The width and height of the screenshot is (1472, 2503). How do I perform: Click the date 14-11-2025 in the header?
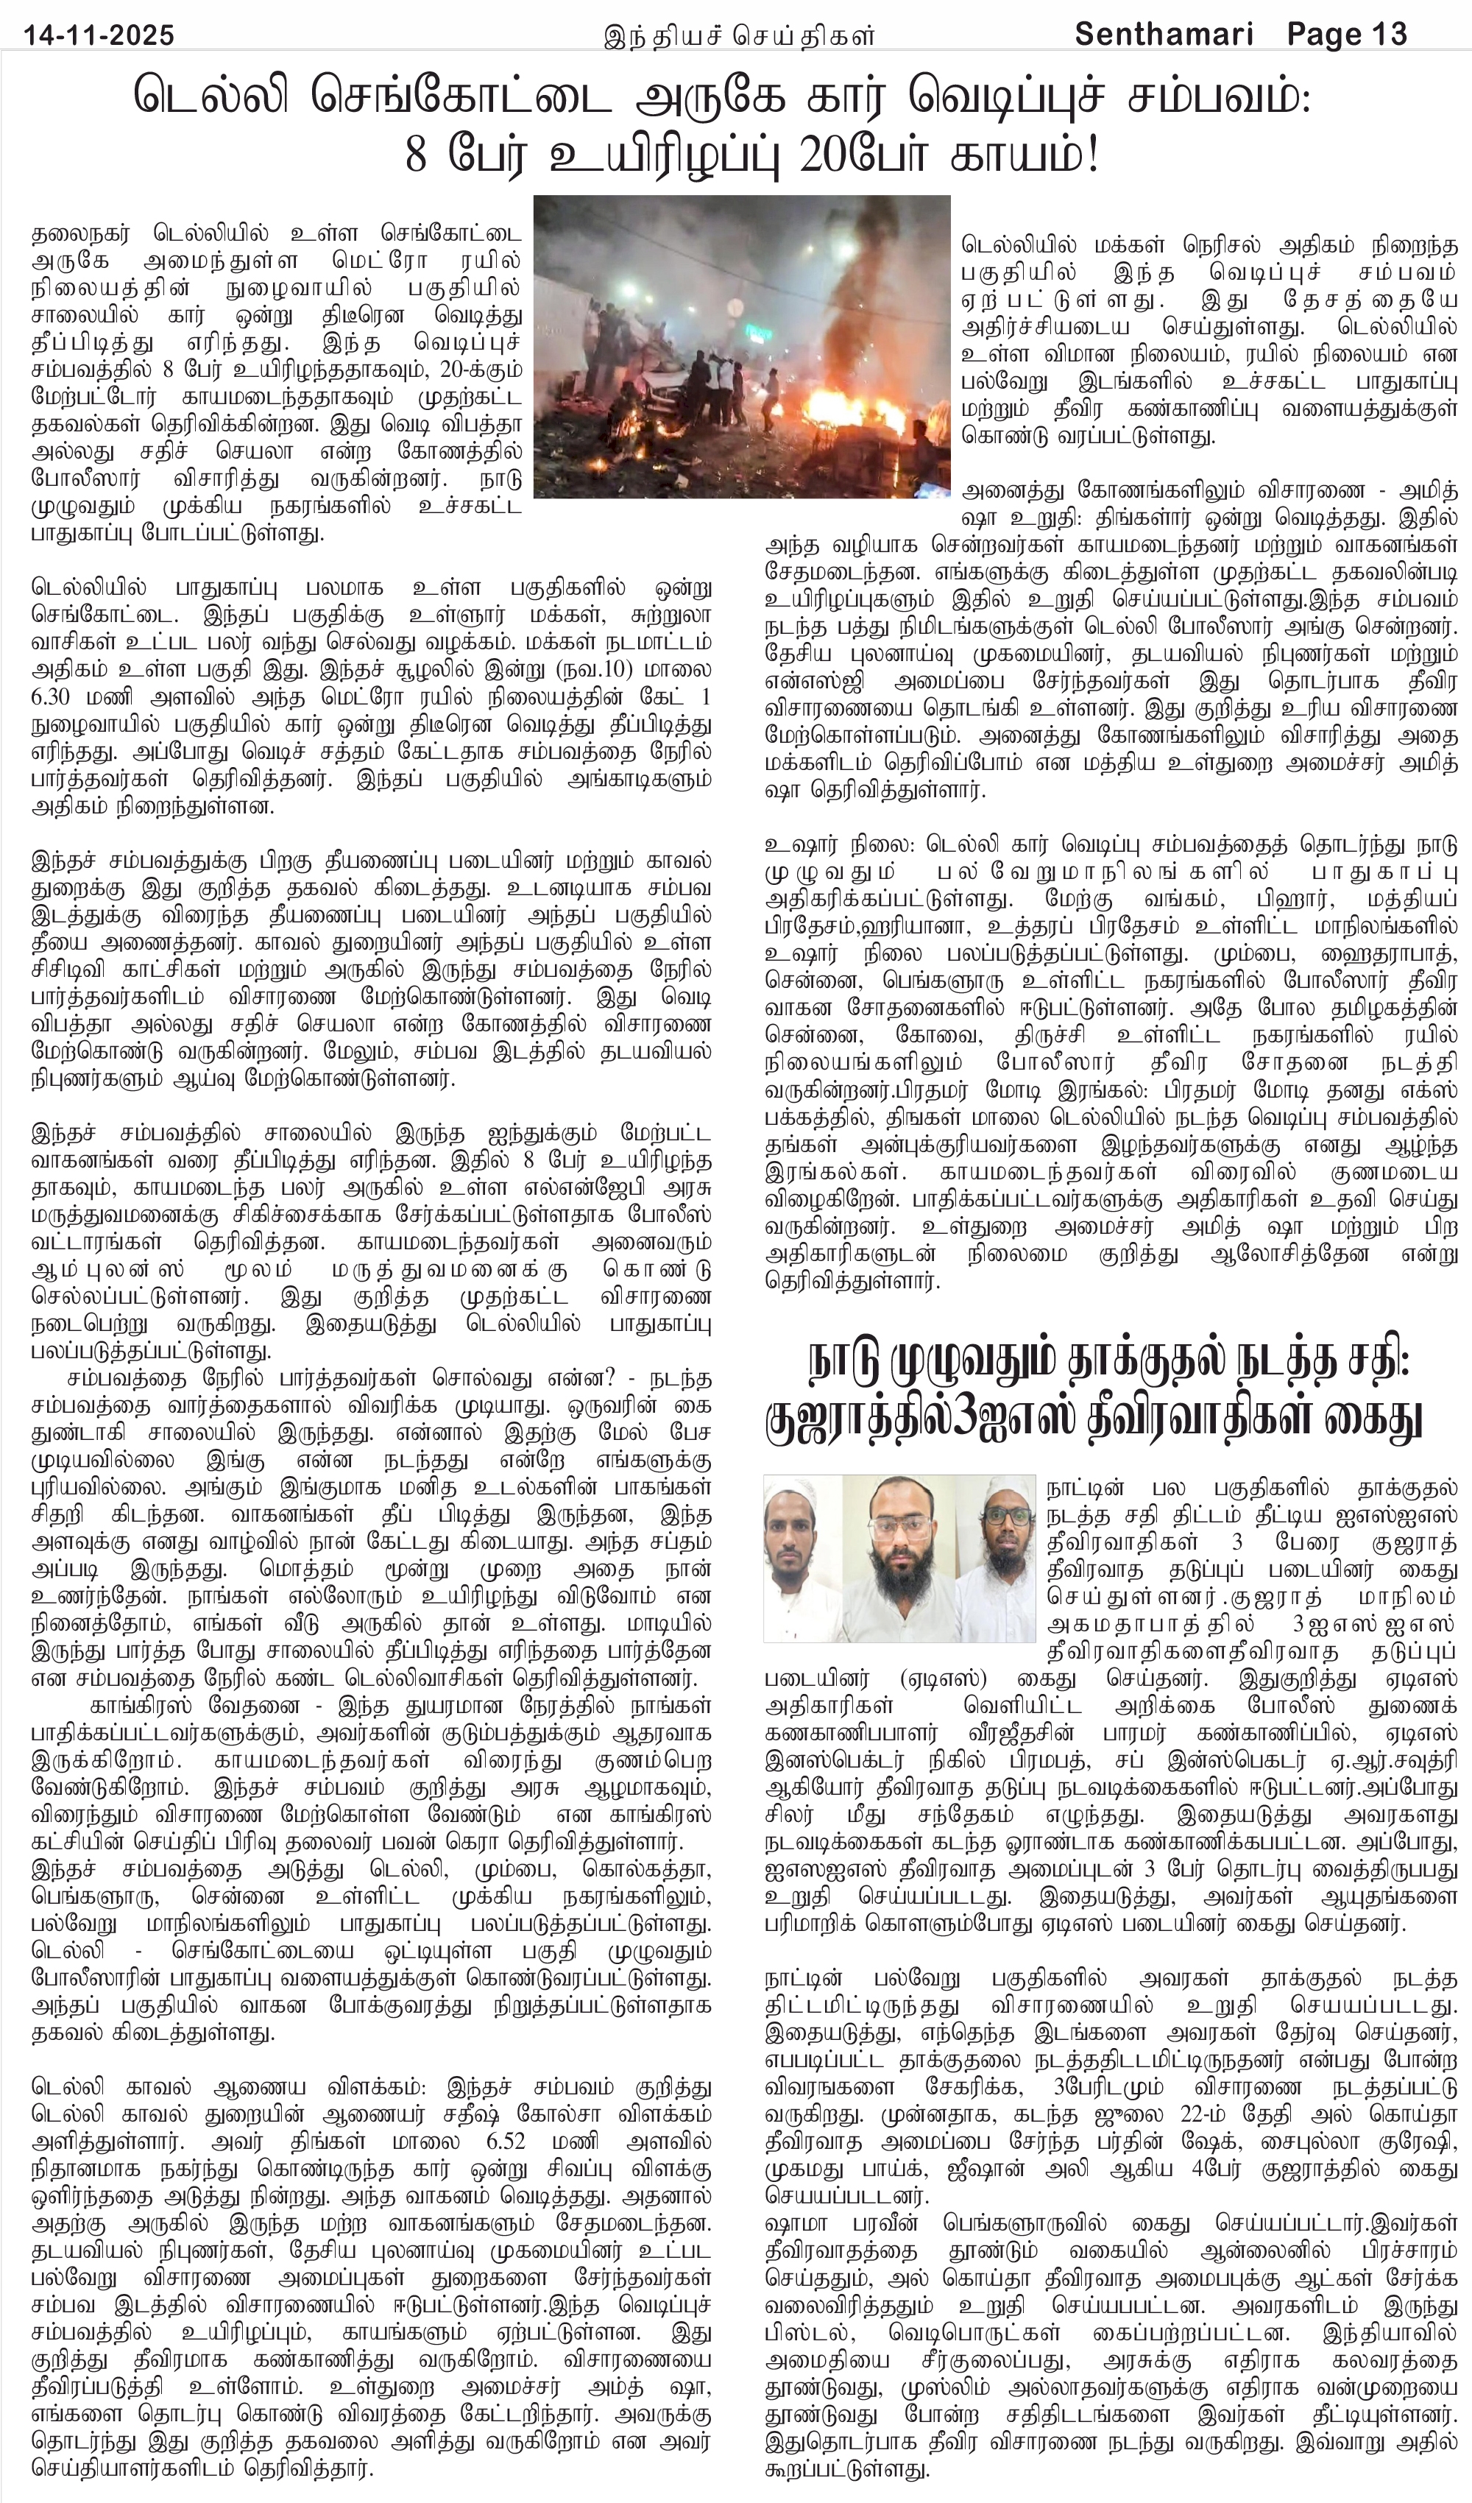(x=99, y=36)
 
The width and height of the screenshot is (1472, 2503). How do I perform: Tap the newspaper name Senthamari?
(x=1163, y=36)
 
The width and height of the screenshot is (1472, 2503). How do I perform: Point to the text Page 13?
(x=1348, y=36)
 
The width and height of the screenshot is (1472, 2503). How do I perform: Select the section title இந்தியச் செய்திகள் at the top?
(x=740, y=37)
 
